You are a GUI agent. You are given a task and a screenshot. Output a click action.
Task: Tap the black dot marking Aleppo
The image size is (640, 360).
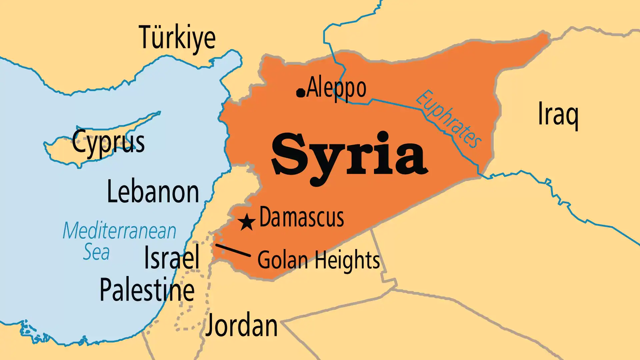(x=301, y=93)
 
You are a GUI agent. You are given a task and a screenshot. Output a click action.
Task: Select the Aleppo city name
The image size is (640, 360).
(x=336, y=88)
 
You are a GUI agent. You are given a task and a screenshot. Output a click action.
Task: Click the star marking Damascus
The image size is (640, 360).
(x=247, y=222)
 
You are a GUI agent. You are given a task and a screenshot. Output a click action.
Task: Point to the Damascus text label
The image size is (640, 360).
(x=301, y=217)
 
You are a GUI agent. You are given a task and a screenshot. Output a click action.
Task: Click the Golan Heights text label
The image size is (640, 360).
(x=319, y=260)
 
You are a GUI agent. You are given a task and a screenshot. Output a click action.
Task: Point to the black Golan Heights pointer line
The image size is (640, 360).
(x=233, y=250)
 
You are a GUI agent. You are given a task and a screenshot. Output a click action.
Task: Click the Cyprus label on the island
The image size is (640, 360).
(x=108, y=142)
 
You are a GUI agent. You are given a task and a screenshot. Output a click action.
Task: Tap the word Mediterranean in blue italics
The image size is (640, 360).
(x=119, y=231)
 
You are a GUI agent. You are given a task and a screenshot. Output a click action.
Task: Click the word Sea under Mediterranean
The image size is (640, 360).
(x=96, y=252)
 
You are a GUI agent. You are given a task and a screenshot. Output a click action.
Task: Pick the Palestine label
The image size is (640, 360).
(x=147, y=290)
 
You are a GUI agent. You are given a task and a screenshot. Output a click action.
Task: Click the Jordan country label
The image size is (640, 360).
(x=241, y=326)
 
